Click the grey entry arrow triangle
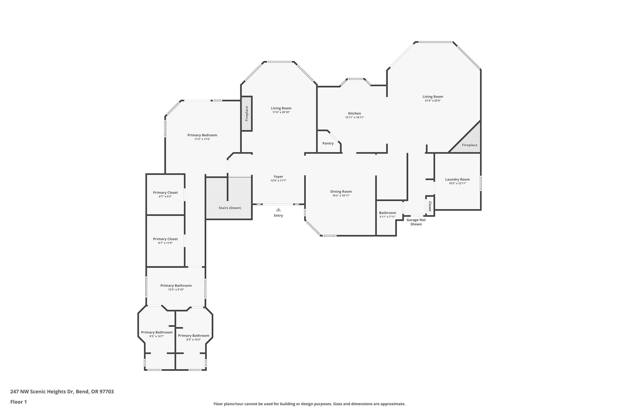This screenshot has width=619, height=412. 278,210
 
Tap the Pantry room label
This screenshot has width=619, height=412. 328,143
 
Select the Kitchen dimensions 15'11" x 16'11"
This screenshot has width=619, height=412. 354,117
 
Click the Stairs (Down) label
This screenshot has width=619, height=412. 230,208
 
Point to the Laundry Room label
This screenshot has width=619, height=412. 457,179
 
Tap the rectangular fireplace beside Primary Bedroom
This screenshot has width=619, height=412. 247,114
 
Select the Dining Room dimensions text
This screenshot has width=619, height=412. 341,195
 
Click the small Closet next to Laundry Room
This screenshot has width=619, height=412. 430,206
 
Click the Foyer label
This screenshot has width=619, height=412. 278,177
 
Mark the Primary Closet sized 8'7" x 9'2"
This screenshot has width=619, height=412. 165,194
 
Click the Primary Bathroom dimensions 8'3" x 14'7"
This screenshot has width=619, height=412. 157,336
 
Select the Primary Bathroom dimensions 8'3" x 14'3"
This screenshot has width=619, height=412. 194,340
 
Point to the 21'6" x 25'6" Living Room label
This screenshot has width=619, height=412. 433,97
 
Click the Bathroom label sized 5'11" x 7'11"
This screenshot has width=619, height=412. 387,213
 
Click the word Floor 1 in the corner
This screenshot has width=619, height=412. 18,402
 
